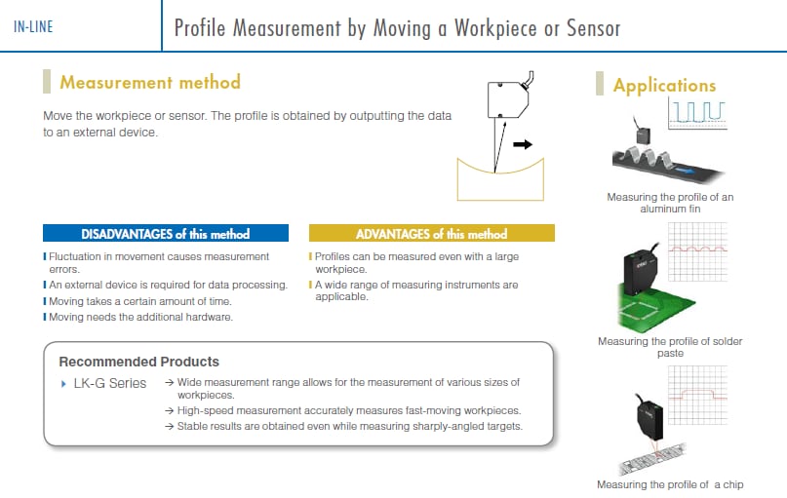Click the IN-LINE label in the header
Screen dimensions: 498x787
tap(33, 27)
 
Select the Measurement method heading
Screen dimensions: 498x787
tap(149, 83)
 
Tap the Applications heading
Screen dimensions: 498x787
tap(664, 86)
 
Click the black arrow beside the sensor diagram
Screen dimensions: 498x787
tap(523, 144)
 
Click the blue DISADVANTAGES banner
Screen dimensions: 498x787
tap(166, 234)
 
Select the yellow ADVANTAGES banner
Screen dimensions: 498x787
tap(431, 234)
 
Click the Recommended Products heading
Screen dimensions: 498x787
tap(139, 362)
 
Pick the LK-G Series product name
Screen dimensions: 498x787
tap(110, 383)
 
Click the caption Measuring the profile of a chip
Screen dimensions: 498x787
tap(676, 484)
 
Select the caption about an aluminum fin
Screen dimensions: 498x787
tap(670, 203)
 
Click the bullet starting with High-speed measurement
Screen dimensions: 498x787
tap(349, 410)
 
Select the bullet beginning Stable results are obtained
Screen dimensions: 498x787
tap(349, 426)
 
